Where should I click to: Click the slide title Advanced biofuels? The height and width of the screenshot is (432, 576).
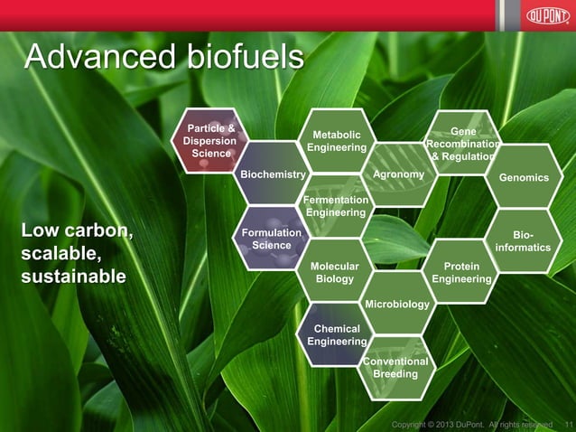point(163,57)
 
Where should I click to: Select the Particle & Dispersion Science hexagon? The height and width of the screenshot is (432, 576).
point(210,141)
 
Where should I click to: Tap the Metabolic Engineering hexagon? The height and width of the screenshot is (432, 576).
point(336,141)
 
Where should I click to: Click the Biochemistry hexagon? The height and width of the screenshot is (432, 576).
point(273,174)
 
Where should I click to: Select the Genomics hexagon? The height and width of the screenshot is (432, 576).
point(524,178)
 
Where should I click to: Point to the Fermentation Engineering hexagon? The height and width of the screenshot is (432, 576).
point(336,206)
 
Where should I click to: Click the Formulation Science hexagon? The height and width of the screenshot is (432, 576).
point(272,239)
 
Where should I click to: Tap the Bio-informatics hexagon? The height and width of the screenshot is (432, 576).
point(524,240)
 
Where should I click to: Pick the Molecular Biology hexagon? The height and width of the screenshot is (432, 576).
point(335,272)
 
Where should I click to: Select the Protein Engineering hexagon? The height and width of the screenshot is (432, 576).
point(461,272)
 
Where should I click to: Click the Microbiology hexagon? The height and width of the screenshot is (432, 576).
point(397,304)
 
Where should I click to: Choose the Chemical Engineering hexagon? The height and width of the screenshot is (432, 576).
point(335,334)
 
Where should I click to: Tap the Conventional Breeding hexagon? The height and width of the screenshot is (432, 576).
point(395,367)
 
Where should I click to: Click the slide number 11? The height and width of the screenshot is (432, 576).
point(567,425)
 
